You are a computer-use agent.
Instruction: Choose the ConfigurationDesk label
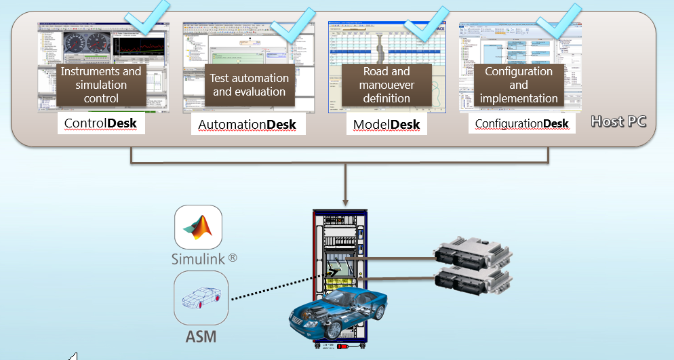point(521,123)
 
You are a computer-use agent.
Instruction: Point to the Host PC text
point(618,122)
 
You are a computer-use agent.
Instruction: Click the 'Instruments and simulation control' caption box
point(101,85)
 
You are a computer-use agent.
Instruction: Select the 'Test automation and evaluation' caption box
point(249,85)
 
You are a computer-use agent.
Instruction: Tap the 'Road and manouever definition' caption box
point(386,85)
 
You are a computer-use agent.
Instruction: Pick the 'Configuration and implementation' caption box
point(519,85)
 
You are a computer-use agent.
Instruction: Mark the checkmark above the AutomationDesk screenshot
point(291,25)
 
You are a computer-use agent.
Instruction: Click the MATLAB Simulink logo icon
point(198,228)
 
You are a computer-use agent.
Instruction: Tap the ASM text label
point(201,336)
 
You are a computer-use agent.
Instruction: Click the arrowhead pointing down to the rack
point(345,200)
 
